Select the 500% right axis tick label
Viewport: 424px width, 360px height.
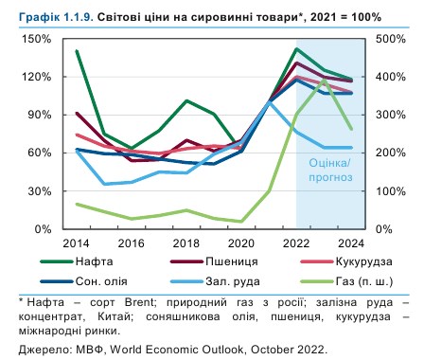click(x=391, y=39)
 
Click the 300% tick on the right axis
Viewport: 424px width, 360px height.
click(x=391, y=115)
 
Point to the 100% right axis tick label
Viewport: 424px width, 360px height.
click(x=391, y=191)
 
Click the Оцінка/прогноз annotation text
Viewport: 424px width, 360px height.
click(x=329, y=169)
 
